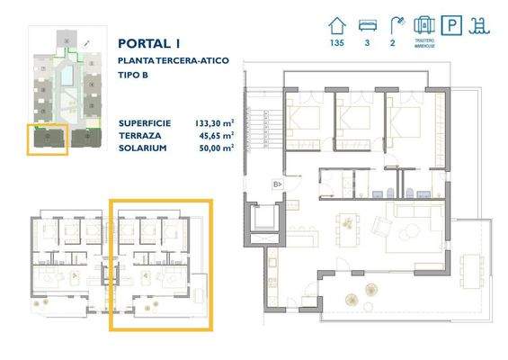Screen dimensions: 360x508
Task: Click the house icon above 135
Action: [x=338, y=24]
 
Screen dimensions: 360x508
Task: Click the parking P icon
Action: [x=454, y=25]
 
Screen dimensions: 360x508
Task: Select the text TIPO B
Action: [x=133, y=75]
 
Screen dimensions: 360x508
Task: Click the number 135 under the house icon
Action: [x=338, y=42]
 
